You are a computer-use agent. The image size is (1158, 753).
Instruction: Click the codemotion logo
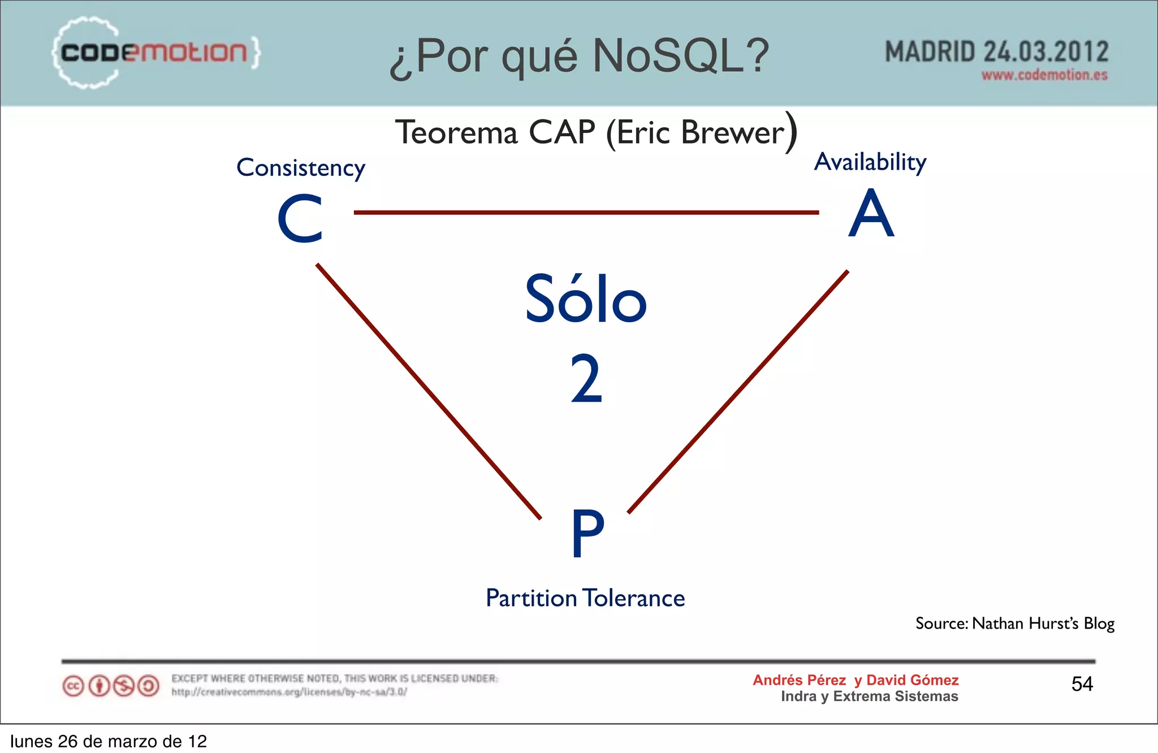(155, 53)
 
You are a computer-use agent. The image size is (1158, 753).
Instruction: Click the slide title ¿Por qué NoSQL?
(579, 57)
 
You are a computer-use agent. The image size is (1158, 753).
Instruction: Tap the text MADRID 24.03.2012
(996, 52)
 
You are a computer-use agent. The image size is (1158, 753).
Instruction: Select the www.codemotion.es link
(1044, 75)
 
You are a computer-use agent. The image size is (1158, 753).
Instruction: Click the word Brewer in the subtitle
(733, 133)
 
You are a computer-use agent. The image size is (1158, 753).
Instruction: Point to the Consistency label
(301, 168)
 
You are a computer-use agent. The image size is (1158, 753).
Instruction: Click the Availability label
(870, 162)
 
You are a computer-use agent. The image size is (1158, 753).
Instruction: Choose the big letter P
(587, 533)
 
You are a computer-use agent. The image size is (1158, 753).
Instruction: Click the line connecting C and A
(586, 213)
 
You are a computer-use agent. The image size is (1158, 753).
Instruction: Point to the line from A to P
(738, 392)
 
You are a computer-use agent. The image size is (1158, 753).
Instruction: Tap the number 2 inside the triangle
(586, 379)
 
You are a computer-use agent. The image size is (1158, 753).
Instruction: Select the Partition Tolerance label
(585, 598)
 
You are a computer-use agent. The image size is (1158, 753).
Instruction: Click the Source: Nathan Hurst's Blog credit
(1014, 624)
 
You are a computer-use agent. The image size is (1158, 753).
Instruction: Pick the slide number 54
(1082, 684)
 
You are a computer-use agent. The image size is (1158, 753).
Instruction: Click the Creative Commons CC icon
(73, 686)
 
